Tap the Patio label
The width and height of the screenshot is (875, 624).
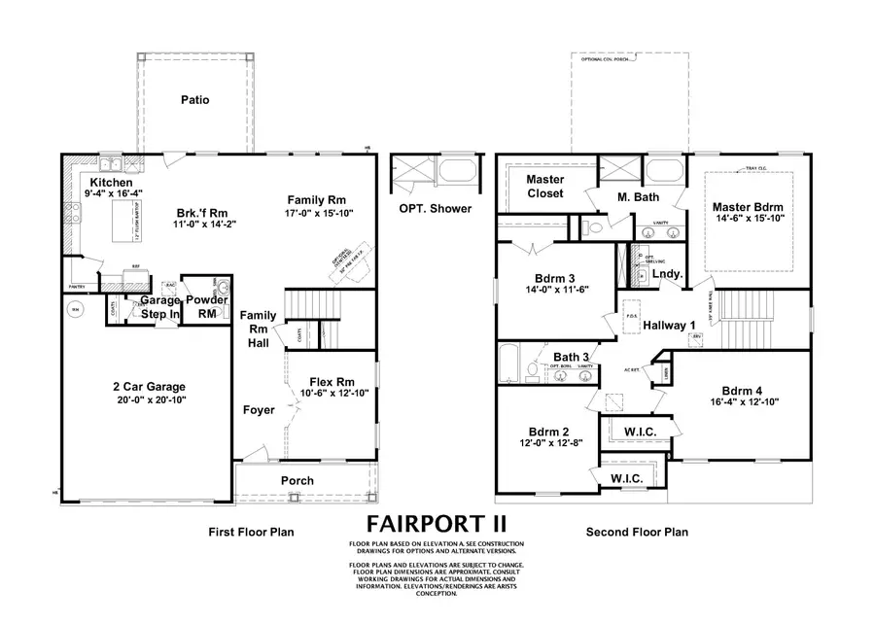[194, 100]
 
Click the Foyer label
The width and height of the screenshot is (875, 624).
[259, 410]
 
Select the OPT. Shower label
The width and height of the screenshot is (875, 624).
[436, 208]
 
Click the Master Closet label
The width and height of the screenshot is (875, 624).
[545, 187]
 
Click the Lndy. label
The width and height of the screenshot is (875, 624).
[667, 275]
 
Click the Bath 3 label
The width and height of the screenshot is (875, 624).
[573, 358]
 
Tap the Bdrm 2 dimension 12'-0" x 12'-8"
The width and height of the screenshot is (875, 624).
[542, 443]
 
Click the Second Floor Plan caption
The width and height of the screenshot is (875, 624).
[637, 532]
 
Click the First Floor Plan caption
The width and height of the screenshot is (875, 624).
[251, 532]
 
